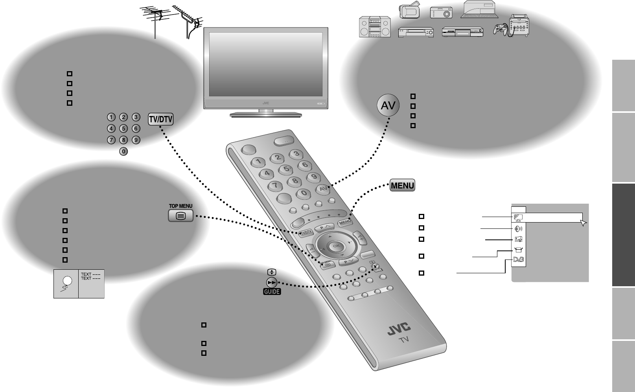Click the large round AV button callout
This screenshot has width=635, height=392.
(x=388, y=105)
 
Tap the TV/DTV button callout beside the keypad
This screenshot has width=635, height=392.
(x=161, y=120)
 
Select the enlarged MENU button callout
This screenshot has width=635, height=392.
(x=402, y=185)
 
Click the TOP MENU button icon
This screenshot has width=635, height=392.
(x=180, y=215)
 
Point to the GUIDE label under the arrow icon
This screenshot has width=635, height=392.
(x=272, y=292)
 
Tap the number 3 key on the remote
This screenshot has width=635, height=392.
(x=296, y=154)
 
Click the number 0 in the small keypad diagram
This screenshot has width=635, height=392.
(x=123, y=151)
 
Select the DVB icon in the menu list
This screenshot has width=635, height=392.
(x=519, y=260)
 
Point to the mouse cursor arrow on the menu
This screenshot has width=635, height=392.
(x=583, y=223)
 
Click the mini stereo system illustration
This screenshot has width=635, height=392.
(x=375, y=27)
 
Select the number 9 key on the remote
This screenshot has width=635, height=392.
(x=314, y=177)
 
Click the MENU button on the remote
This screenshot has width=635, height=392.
(x=344, y=222)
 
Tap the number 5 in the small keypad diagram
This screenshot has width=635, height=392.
(x=123, y=129)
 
